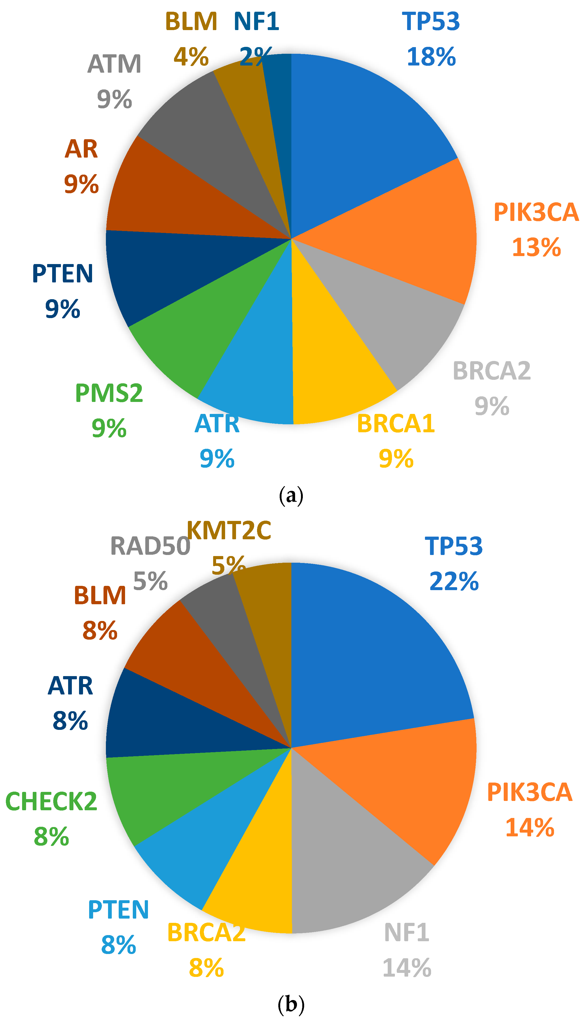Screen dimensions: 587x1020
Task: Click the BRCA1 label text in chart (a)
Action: tap(396, 424)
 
